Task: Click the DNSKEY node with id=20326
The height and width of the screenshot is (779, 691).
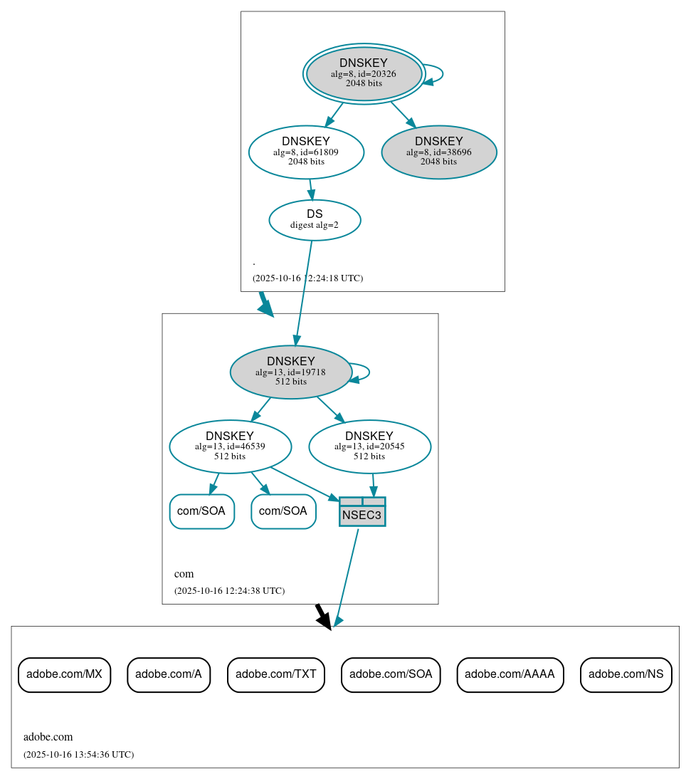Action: pyautogui.click(x=364, y=73)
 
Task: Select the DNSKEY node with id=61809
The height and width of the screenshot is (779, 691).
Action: pyautogui.click(x=306, y=152)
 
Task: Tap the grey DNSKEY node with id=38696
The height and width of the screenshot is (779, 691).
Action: pyautogui.click(x=439, y=152)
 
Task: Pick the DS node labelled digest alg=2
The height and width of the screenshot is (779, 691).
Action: pyautogui.click(x=315, y=220)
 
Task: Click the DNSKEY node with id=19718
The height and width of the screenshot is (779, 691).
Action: pyautogui.click(x=290, y=372)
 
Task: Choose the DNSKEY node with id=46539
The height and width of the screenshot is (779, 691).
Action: pyautogui.click(x=230, y=446)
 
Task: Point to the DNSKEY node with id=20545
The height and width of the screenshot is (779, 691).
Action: pyautogui.click(x=369, y=446)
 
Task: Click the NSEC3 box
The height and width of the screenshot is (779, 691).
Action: pyautogui.click(x=362, y=512)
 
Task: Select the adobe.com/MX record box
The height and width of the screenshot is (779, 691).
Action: pyautogui.click(x=64, y=674)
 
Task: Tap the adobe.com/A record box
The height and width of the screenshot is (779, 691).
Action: pyautogui.click(x=169, y=674)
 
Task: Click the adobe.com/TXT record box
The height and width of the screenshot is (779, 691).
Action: pyautogui.click(x=276, y=674)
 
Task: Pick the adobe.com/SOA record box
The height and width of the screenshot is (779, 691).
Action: pyautogui.click(x=391, y=674)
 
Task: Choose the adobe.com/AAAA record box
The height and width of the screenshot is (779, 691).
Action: pyautogui.click(x=510, y=674)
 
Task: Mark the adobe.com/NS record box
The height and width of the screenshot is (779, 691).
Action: pyautogui.click(x=626, y=674)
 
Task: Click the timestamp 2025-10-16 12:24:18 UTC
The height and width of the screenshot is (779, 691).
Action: pyautogui.click(x=307, y=278)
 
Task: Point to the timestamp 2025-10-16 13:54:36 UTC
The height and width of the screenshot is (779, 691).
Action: pyautogui.click(x=78, y=755)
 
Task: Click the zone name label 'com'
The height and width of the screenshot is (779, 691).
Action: pyautogui.click(x=184, y=574)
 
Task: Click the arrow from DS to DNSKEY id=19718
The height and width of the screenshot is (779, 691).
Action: pyautogui.click(x=304, y=292)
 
